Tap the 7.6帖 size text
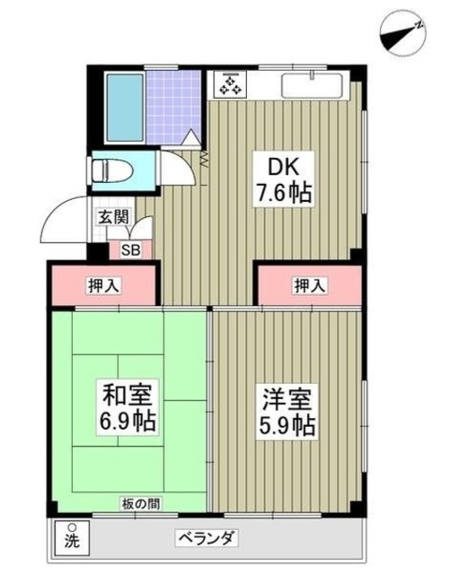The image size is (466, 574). click(x=286, y=193)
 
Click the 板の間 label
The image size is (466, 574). click(x=141, y=504)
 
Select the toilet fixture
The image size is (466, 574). click(x=112, y=170)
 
